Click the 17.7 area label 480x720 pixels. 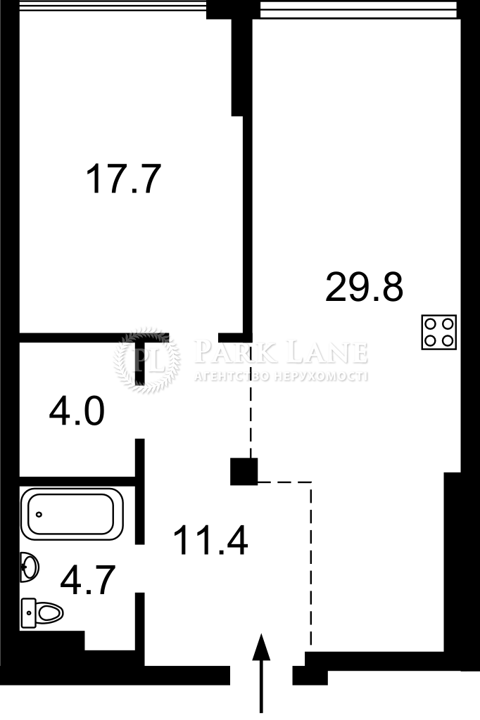123,179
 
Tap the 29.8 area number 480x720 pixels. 364,287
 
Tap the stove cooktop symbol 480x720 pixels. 438,332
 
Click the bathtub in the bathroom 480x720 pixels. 72,513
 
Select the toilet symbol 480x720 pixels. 42,612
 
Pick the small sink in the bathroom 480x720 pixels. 29,567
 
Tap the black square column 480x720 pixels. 244,472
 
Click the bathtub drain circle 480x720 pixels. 39,514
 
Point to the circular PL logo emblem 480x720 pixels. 146,361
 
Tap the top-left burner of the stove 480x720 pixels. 430,324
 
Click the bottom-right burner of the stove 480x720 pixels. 447,340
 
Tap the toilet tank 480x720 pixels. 28,612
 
